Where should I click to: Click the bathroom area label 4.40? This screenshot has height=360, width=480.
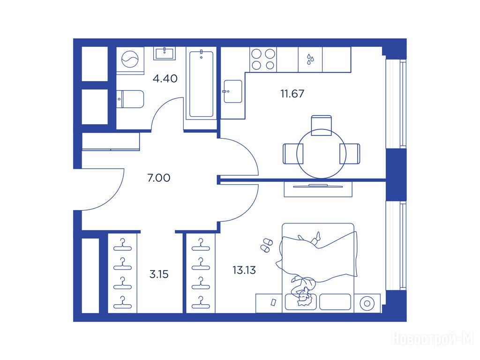click(165, 79)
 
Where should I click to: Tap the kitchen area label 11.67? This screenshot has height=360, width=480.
click(292, 94)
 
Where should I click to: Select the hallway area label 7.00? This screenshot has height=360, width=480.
click(158, 178)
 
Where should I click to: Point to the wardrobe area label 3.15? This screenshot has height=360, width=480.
click(159, 274)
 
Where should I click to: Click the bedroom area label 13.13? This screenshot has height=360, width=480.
click(244, 270)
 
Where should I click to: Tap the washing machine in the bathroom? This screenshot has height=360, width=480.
click(130, 60)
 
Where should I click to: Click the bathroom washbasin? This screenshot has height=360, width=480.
click(165, 53)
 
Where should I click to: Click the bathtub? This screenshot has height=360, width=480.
click(201, 84)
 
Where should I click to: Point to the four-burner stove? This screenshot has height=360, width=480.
click(263, 60)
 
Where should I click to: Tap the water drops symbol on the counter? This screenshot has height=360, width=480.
click(310, 60)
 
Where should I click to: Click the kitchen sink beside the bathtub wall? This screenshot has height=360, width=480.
click(232, 91)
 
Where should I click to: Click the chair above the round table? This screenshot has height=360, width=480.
click(321, 125)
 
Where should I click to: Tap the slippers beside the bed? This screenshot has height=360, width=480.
click(266, 245)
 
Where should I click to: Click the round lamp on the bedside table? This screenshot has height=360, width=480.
click(367, 304)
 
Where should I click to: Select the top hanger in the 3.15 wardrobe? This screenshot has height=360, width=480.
click(122, 245)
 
